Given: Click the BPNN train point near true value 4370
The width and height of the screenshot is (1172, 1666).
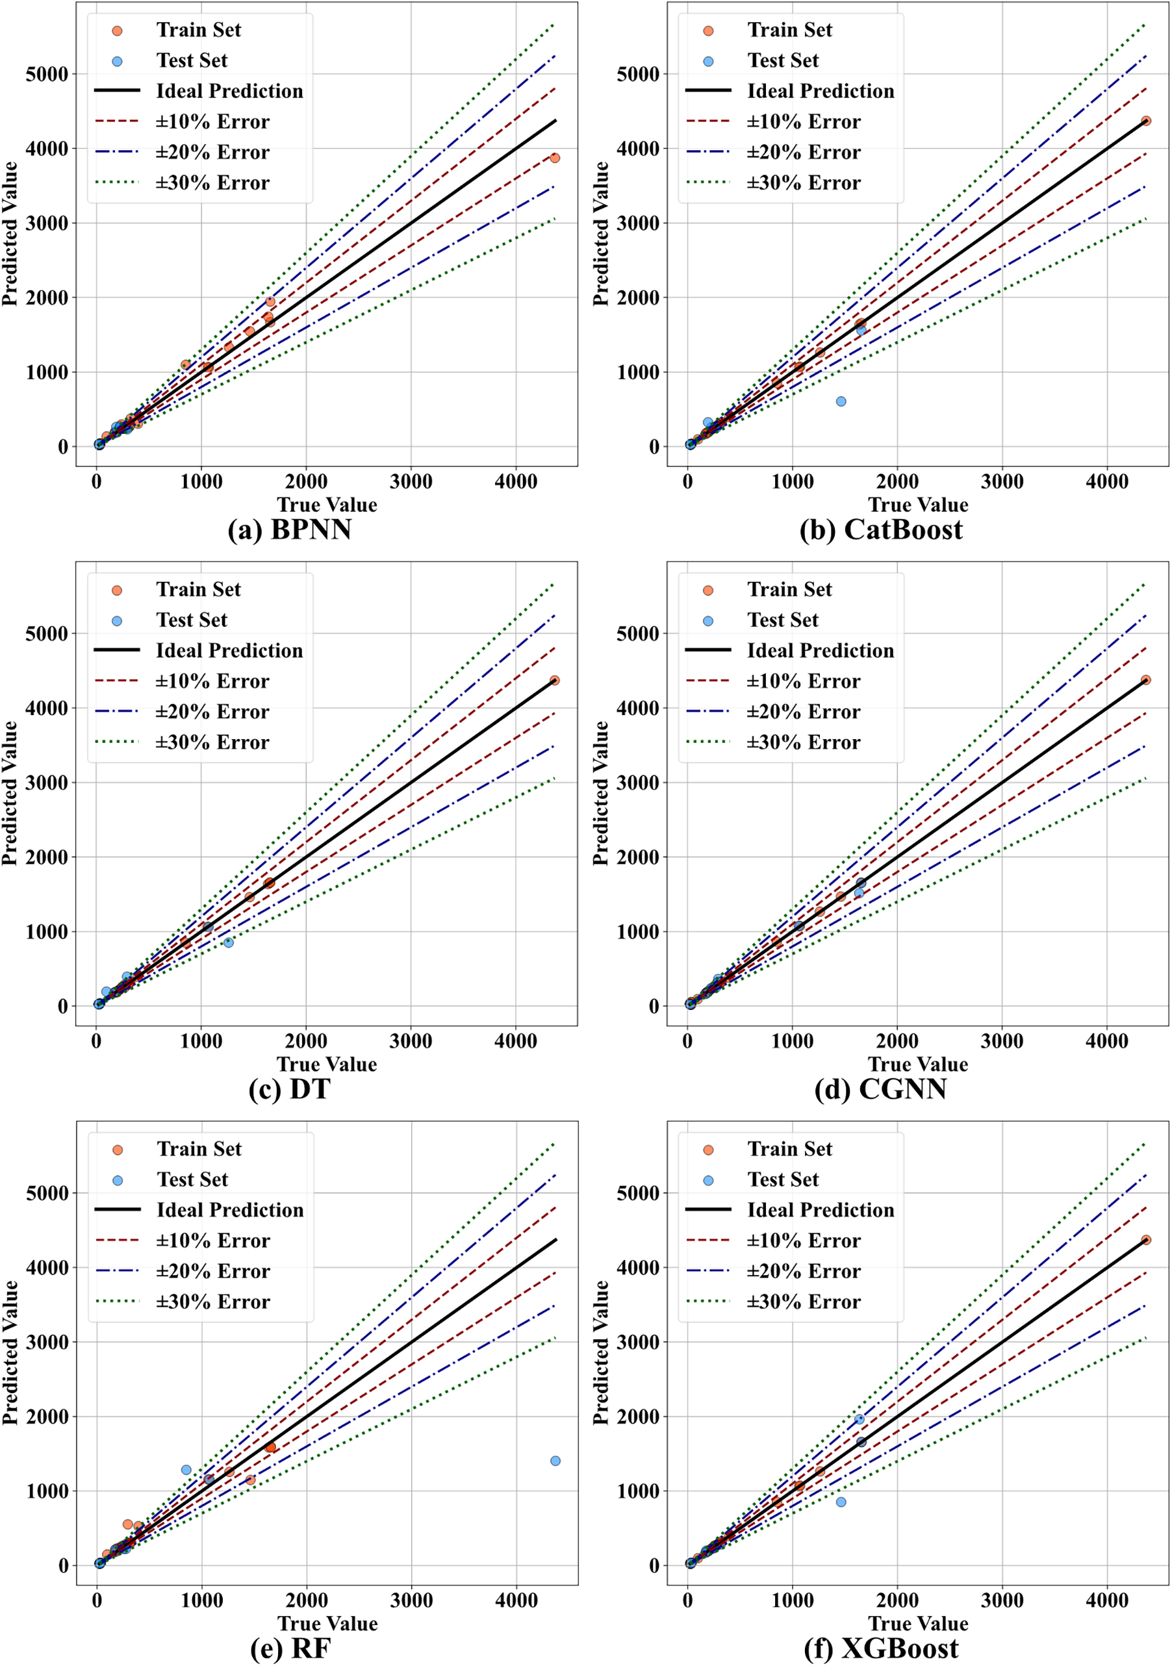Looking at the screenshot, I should click(x=554, y=157).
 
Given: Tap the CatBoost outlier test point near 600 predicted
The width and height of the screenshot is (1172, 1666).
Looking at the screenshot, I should click(x=841, y=401).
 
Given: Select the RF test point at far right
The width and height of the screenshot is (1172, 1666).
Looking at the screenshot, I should click(x=555, y=1461).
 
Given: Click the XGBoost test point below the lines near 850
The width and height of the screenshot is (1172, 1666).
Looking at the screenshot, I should click(x=841, y=1502).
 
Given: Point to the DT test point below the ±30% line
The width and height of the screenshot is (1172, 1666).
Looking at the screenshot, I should click(x=229, y=942).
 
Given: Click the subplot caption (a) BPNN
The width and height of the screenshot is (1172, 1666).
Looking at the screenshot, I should click(x=290, y=530).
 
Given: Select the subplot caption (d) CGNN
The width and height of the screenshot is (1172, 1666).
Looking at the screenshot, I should click(x=880, y=1089).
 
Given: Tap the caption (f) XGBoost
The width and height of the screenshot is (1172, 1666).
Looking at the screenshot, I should click(x=881, y=1648).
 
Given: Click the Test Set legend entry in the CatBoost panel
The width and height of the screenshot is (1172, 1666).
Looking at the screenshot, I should click(x=782, y=60).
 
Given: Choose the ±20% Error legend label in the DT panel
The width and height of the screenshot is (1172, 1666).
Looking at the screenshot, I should click(x=212, y=712).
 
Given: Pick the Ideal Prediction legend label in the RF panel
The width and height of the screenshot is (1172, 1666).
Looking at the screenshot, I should click(x=230, y=1209).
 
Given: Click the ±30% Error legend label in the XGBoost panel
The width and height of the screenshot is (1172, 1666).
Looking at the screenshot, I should click(x=804, y=1302).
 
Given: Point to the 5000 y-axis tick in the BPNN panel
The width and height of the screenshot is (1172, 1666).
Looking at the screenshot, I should click(x=46, y=74).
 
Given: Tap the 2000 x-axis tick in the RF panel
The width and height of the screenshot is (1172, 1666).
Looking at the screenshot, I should click(x=306, y=1600).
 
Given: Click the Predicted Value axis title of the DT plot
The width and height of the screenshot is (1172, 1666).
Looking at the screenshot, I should click(x=10, y=792).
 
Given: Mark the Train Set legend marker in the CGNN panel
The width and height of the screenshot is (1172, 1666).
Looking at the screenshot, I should click(x=707, y=590).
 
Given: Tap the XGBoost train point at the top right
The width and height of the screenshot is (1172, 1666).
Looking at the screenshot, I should click(x=1146, y=1240).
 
